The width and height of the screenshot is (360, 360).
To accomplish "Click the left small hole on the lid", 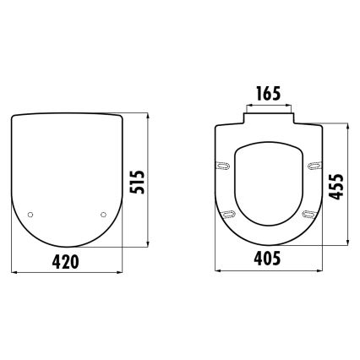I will click(x=31, y=215).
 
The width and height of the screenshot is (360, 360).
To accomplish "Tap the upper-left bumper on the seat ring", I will click(x=225, y=165).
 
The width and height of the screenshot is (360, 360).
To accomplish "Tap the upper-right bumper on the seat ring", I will click(x=314, y=165).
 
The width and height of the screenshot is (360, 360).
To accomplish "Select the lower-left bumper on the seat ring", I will click(x=229, y=215).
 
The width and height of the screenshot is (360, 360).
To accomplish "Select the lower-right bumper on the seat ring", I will click(x=310, y=215).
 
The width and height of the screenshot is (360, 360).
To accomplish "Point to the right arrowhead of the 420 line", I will click(x=121, y=272).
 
